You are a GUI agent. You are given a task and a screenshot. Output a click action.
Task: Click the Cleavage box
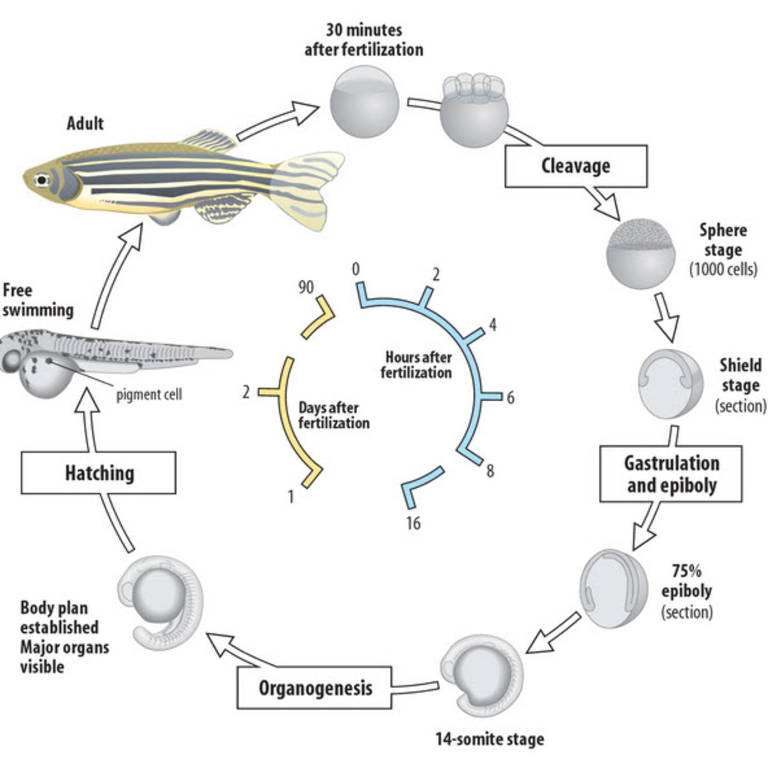(x=575, y=166)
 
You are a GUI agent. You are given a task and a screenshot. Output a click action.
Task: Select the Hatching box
(x=99, y=473)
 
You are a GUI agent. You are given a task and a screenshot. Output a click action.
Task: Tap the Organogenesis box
(x=314, y=688)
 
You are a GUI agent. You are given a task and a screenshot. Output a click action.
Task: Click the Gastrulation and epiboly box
(x=671, y=474)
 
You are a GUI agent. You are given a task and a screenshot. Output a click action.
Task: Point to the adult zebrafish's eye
(x=42, y=180)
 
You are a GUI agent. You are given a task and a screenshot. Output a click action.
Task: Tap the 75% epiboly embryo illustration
(x=613, y=588)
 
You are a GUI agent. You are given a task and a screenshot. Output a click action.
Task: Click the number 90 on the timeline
(x=306, y=287)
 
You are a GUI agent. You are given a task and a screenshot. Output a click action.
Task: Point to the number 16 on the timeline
(x=413, y=524)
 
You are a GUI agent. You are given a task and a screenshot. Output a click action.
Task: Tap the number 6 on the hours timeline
(x=510, y=398)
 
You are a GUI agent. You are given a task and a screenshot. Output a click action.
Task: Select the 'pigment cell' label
(x=148, y=395)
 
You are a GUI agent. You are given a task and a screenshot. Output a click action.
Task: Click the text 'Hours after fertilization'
(x=417, y=364)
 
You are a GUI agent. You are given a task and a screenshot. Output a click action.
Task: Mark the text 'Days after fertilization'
(x=333, y=415)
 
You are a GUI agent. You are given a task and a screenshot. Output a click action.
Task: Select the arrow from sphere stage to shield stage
(x=666, y=316)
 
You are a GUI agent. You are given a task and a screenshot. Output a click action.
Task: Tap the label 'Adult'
(x=85, y=123)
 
